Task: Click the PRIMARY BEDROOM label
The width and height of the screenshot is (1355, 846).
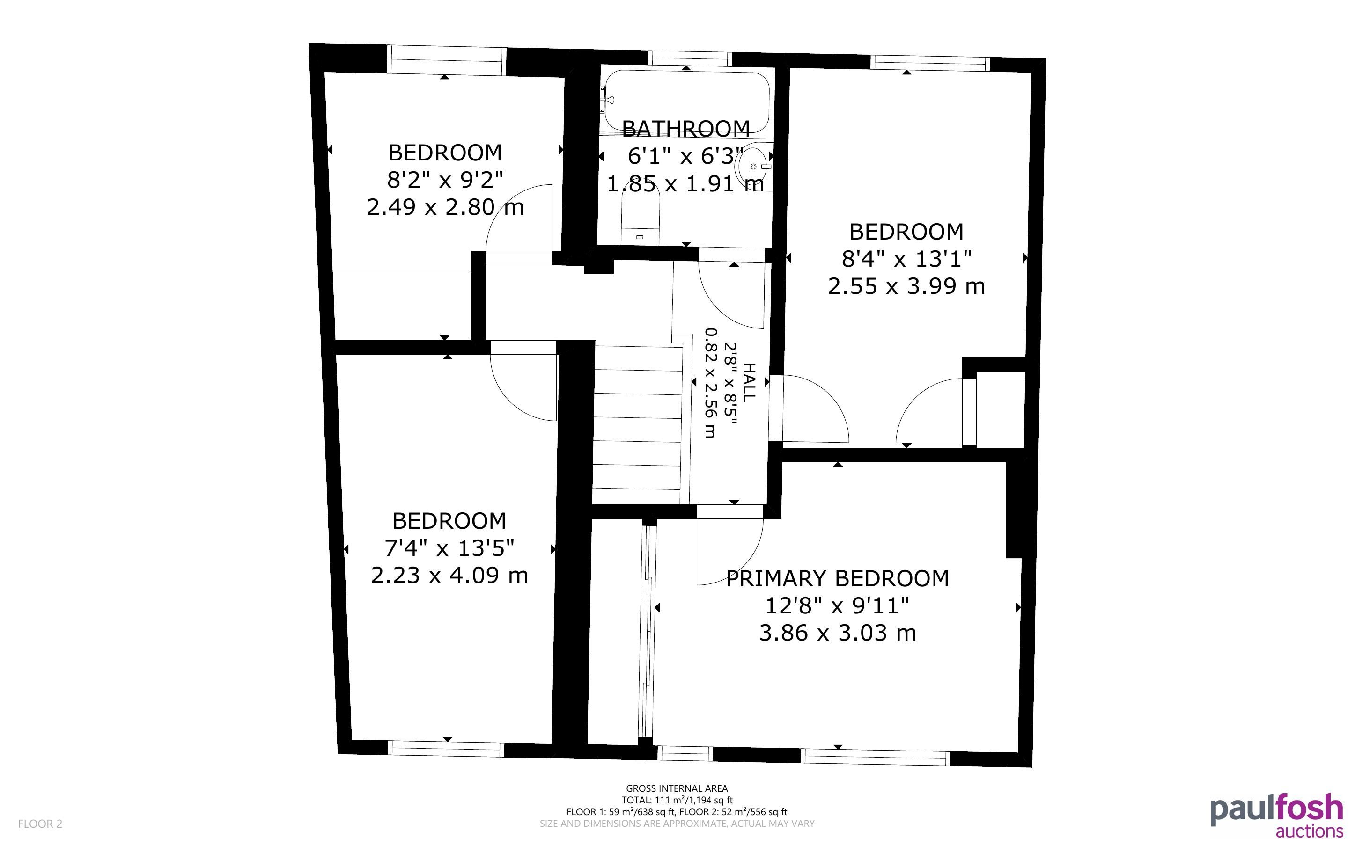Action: pyautogui.click(x=837, y=578)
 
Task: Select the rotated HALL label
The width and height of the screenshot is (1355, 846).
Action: pyautogui.click(x=748, y=382)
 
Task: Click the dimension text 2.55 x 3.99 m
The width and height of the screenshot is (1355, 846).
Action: pyautogui.click(x=906, y=286)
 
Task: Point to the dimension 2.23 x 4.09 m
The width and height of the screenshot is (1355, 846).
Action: pyautogui.click(x=449, y=575)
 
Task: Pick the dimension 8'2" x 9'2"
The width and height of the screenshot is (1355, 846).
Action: pyautogui.click(x=445, y=180)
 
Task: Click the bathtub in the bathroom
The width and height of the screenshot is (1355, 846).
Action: pyautogui.click(x=685, y=102)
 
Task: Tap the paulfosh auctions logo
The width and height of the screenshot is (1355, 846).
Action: pyautogui.click(x=1276, y=815)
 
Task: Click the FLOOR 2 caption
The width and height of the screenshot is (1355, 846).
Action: pyautogui.click(x=40, y=824)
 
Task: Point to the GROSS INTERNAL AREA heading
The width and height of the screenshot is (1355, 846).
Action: pyautogui.click(x=677, y=788)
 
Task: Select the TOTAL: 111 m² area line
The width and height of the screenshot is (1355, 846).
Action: pyautogui.click(x=677, y=800)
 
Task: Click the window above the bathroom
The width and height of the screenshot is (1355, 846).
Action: pyautogui.click(x=690, y=58)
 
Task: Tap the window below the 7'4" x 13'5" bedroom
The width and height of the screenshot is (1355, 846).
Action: pyautogui.click(x=446, y=749)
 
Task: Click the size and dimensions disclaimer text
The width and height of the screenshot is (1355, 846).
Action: pyautogui.click(x=677, y=824)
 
